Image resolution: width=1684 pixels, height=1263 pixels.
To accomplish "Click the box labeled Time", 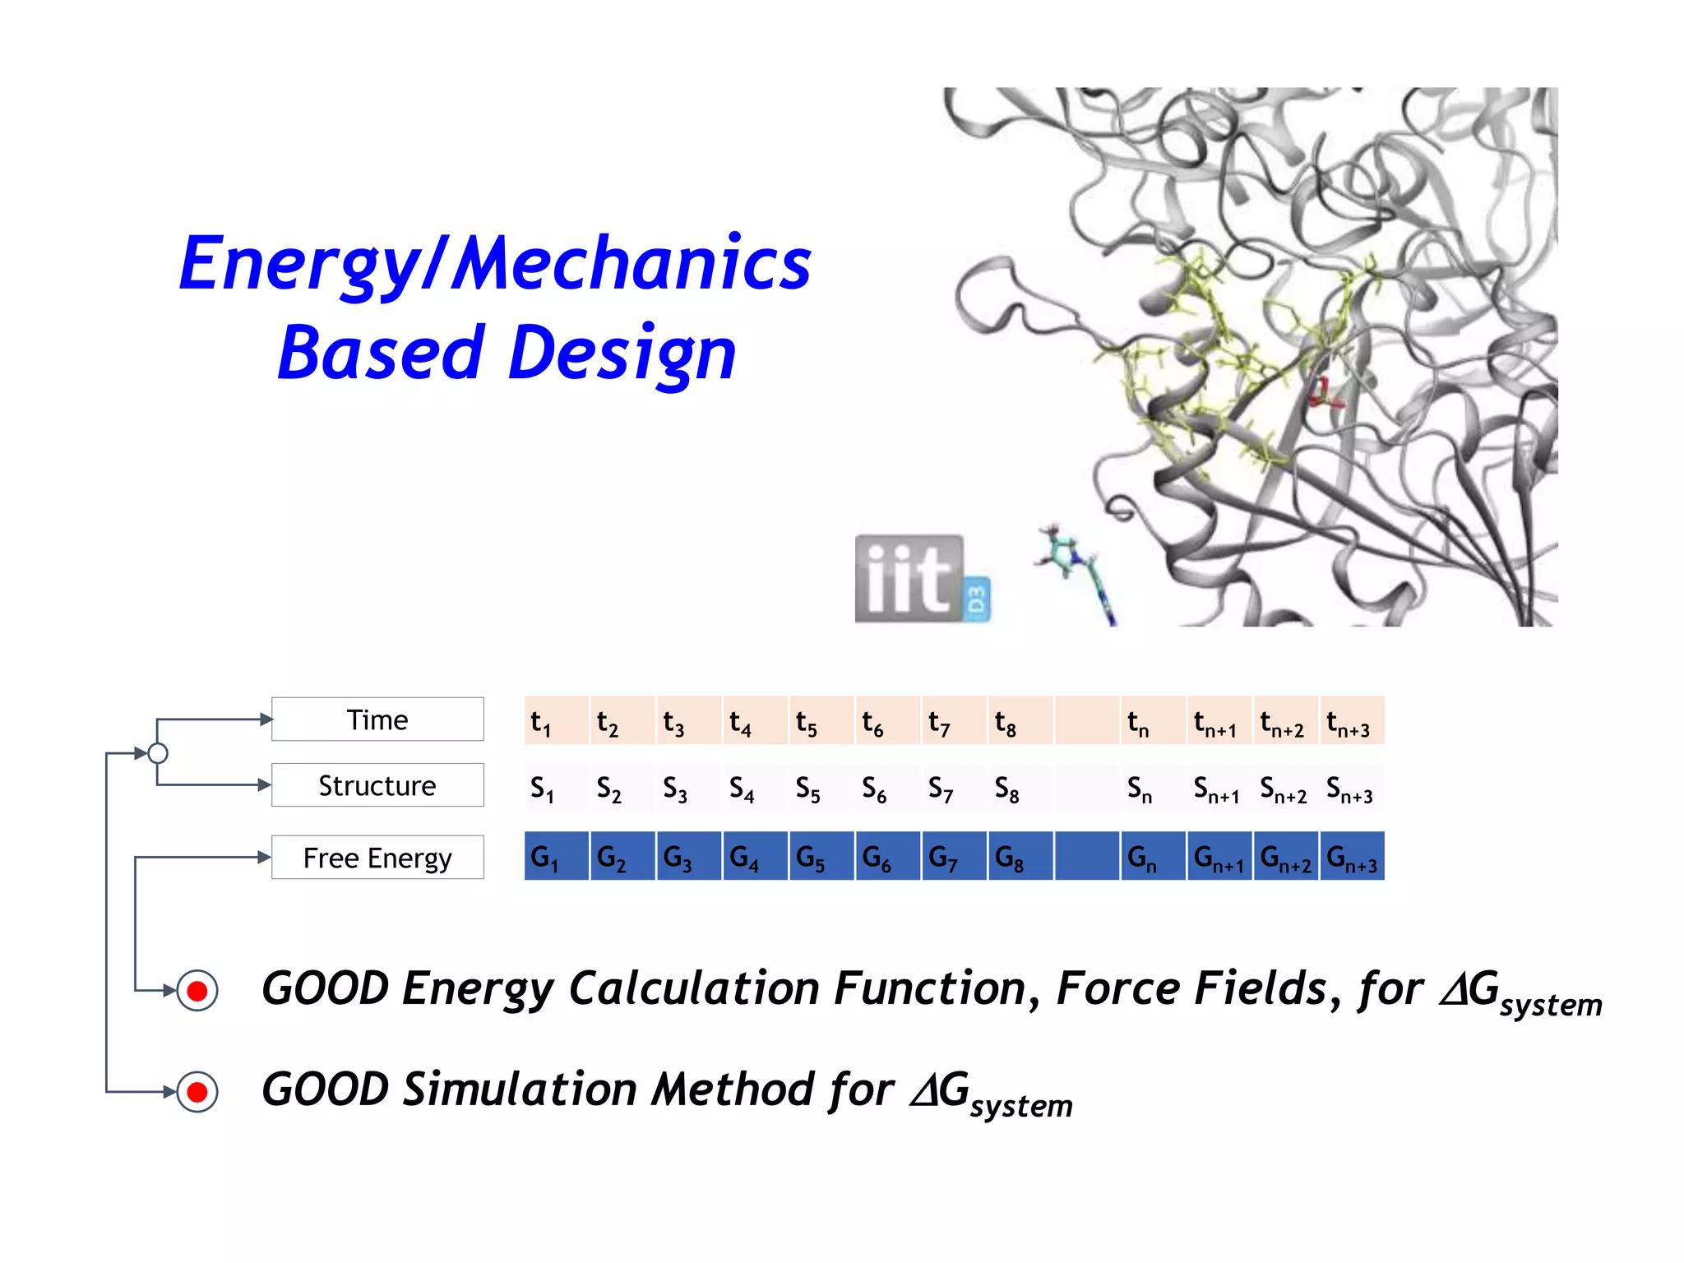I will (x=377, y=719).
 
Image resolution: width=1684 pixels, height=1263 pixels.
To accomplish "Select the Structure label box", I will (x=377, y=785).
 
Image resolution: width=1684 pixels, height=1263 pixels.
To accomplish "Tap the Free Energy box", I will (x=377, y=858).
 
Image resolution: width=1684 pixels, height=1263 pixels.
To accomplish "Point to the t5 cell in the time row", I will (x=821, y=721).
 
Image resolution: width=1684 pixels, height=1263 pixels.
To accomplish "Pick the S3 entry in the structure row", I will (x=687, y=789).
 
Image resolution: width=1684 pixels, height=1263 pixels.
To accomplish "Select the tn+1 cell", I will (x=1219, y=721).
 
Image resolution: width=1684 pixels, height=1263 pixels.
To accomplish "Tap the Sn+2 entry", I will (x=1284, y=789).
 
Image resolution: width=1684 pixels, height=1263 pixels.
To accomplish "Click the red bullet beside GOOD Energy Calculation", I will (x=197, y=990).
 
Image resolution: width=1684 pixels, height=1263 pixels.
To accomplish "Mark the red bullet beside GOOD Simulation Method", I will (x=197, y=1092).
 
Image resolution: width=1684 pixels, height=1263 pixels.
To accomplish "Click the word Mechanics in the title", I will (x=631, y=263).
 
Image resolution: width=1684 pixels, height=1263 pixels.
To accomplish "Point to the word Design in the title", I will (x=622, y=354).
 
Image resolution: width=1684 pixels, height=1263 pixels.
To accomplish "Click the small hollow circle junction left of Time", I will (x=158, y=753).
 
